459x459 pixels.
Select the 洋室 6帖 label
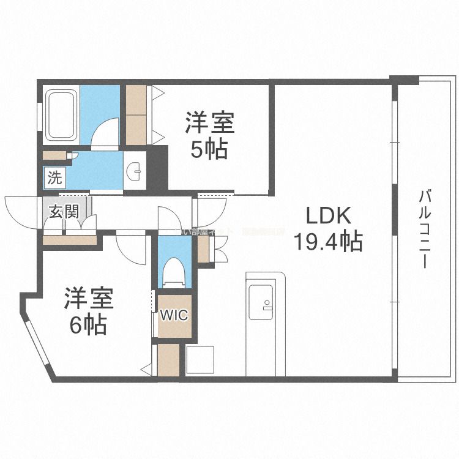[88, 312]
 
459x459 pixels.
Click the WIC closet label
[174, 316]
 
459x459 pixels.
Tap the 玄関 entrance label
[64, 212]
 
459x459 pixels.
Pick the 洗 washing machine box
[55, 179]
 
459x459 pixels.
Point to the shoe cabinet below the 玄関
[70, 239]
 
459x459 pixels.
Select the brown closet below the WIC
[168, 360]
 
